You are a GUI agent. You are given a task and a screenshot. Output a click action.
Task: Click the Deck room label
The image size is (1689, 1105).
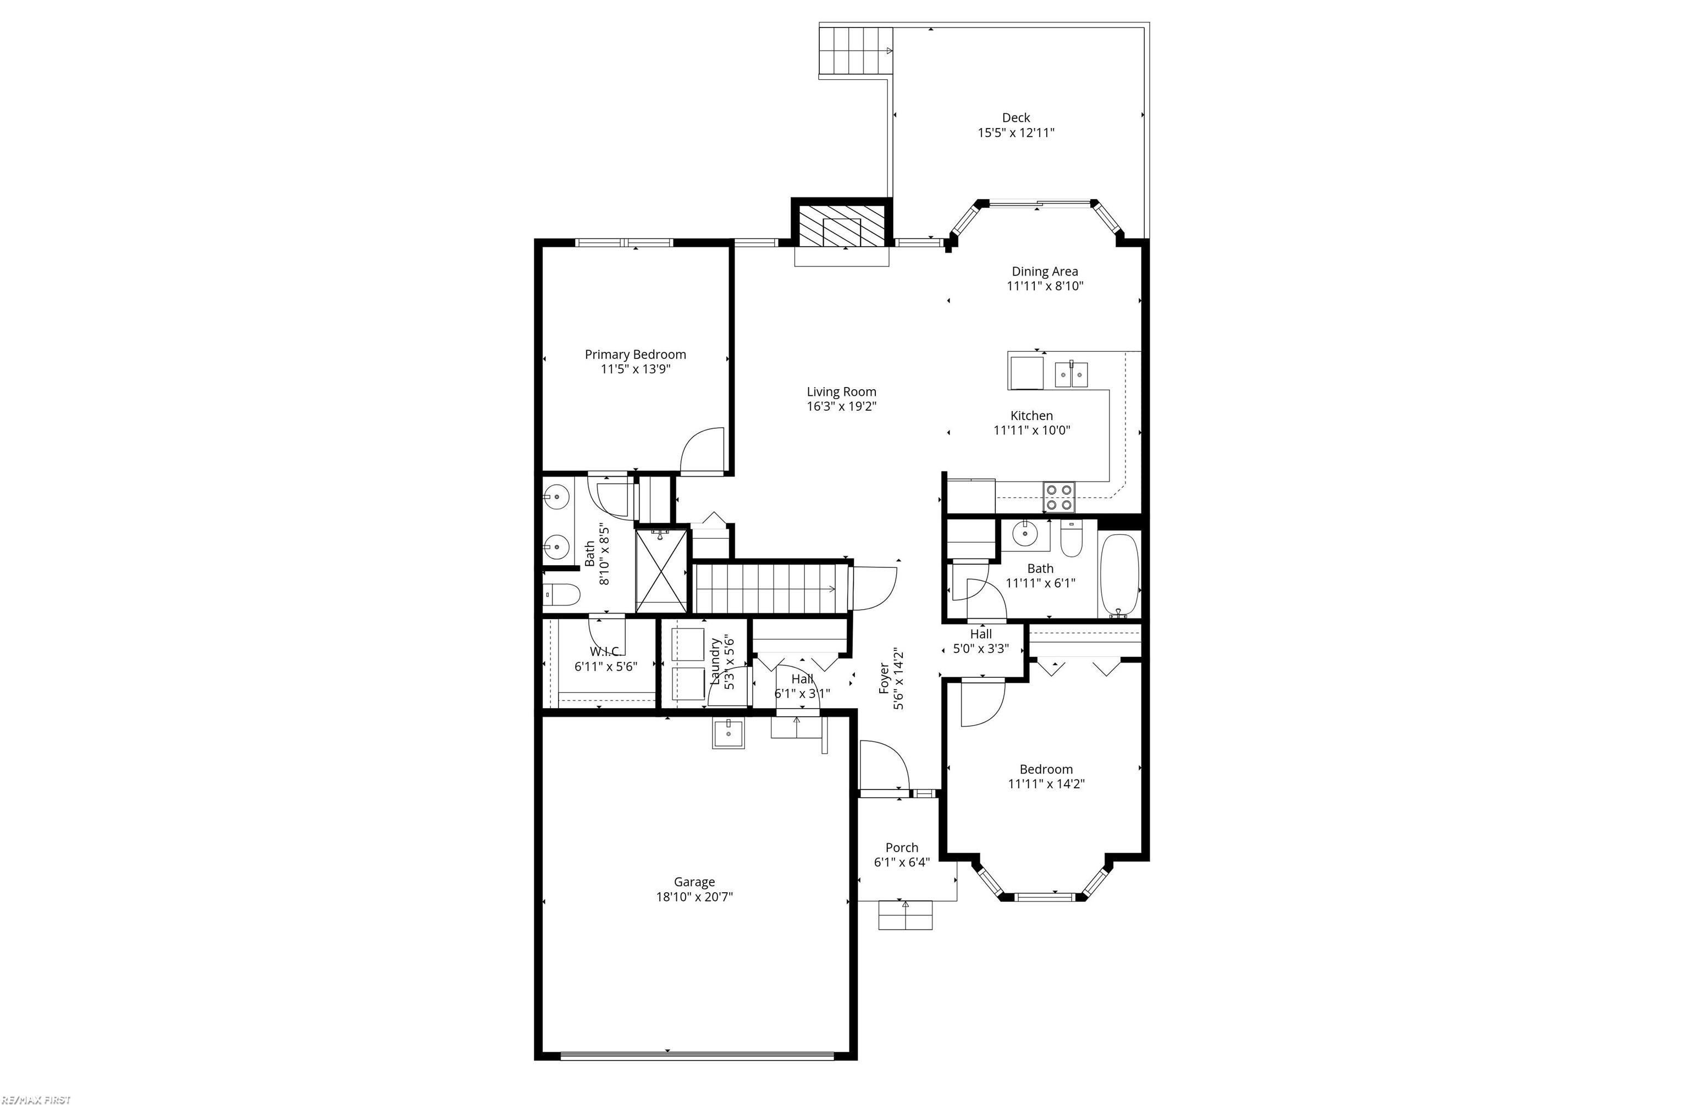tap(1015, 118)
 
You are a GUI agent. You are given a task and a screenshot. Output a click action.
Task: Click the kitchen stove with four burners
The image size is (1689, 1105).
tap(1058, 497)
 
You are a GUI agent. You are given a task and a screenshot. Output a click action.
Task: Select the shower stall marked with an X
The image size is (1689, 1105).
tap(661, 571)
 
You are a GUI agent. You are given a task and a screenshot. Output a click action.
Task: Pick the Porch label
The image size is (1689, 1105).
tap(901, 847)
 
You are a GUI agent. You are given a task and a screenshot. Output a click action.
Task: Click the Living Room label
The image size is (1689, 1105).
tap(841, 392)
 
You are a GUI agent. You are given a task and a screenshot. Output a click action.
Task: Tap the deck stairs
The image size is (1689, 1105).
tap(854, 51)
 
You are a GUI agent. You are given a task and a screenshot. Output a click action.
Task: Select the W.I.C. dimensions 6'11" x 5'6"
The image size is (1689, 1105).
tap(605, 666)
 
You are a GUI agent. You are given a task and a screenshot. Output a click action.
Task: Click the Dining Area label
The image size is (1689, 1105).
tap(1044, 271)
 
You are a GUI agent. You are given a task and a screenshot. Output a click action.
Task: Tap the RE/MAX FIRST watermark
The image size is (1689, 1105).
tap(36, 1100)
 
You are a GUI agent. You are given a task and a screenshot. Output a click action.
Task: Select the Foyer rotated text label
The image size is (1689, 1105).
tap(884, 678)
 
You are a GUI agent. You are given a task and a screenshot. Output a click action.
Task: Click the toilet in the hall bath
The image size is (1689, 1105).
tap(1070, 540)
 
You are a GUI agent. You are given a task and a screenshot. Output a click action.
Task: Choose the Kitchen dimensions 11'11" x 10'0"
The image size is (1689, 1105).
tap(1031, 430)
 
